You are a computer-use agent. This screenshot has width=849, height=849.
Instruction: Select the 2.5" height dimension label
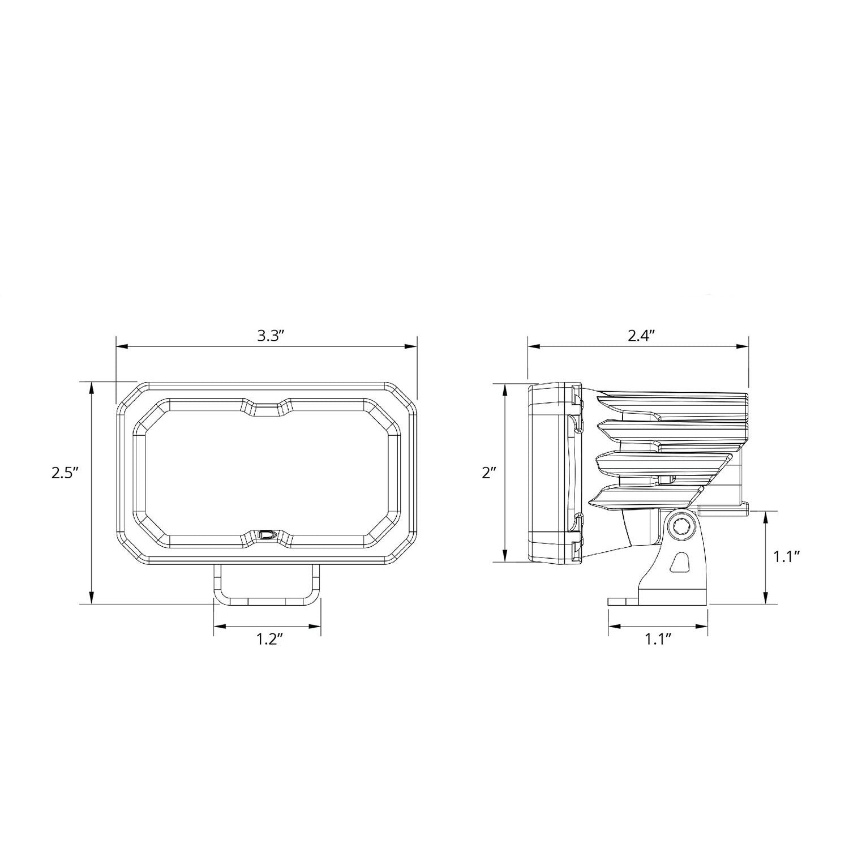point(64,473)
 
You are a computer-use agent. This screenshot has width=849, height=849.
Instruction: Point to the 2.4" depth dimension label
point(641,336)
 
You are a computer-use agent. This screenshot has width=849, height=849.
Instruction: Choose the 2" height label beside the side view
point(489,473)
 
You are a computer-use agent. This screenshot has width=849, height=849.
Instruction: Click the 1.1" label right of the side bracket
point(787,557)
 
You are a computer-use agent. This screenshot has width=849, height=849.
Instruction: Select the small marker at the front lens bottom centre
point(265,534)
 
